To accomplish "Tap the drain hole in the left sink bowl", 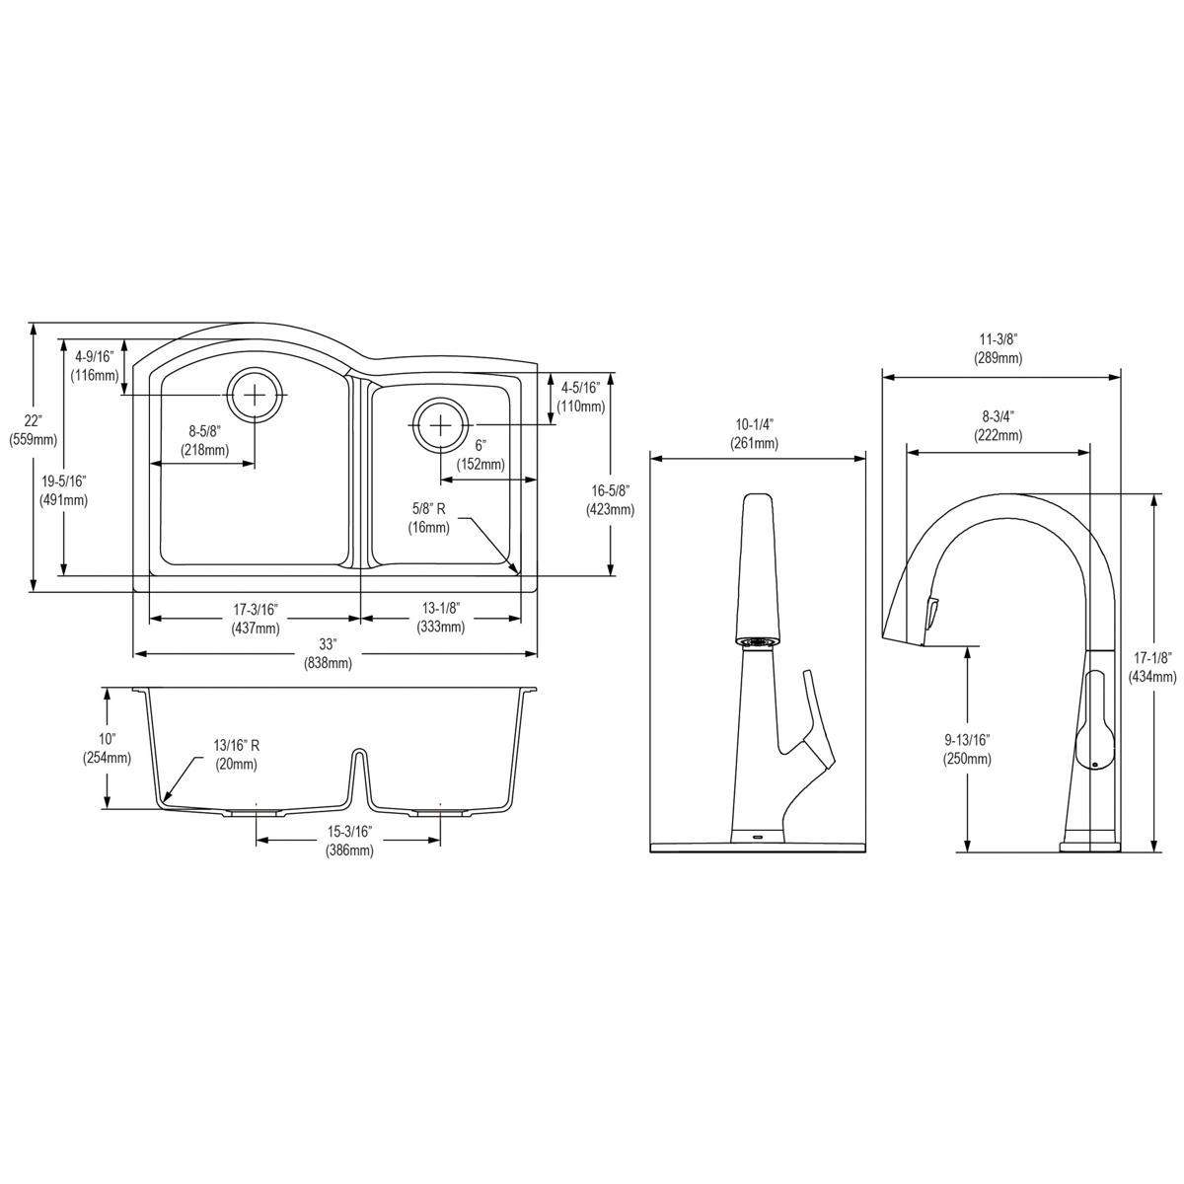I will tap(256, 394).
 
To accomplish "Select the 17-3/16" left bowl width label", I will tap(255, 619).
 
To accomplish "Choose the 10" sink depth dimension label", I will tap(107, 748).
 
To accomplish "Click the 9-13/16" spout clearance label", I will tap(967, 749).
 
